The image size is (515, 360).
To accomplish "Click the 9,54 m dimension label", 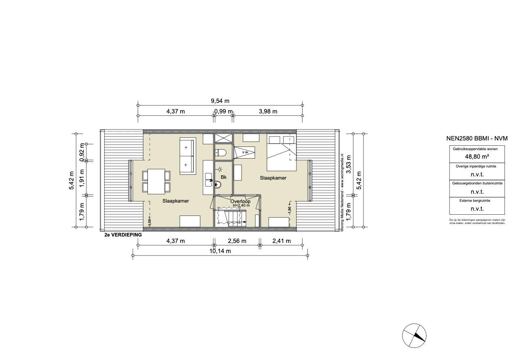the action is [x=220, y=101].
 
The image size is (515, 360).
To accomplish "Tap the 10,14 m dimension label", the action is [x=220, y=251].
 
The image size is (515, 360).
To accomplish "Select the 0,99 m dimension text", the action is [x=223, y=111].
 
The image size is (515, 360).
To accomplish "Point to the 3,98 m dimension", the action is [x=268, y=111].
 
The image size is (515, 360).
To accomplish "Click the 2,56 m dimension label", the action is [x=237, y=241].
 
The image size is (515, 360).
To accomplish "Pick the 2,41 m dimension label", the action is [x=282, y=241].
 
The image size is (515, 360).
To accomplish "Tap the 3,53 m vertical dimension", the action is [x=349, y=164].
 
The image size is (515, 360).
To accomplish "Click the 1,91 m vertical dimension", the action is [x=82, y=178].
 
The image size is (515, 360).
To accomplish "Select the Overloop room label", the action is [x=240, y=201].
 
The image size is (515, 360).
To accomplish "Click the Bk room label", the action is [x=223, y=177].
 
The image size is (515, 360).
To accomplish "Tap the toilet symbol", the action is [x=221, y=153].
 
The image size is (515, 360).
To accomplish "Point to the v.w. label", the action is [x=246, y=152].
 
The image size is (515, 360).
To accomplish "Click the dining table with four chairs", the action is [x=156, y=182].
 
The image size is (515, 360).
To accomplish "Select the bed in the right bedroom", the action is [x=282, y=153].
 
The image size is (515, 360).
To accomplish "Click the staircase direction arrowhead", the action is [x=245, y=222].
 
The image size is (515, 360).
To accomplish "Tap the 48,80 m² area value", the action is [x=477, y=157].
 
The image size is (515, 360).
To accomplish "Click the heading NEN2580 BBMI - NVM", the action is [x=477, y=138].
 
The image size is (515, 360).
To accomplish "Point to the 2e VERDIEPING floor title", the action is [x=123, y=235].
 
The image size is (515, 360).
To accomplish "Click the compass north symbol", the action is [x=414, y=336].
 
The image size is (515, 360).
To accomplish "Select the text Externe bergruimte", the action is [x=475, y=201].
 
